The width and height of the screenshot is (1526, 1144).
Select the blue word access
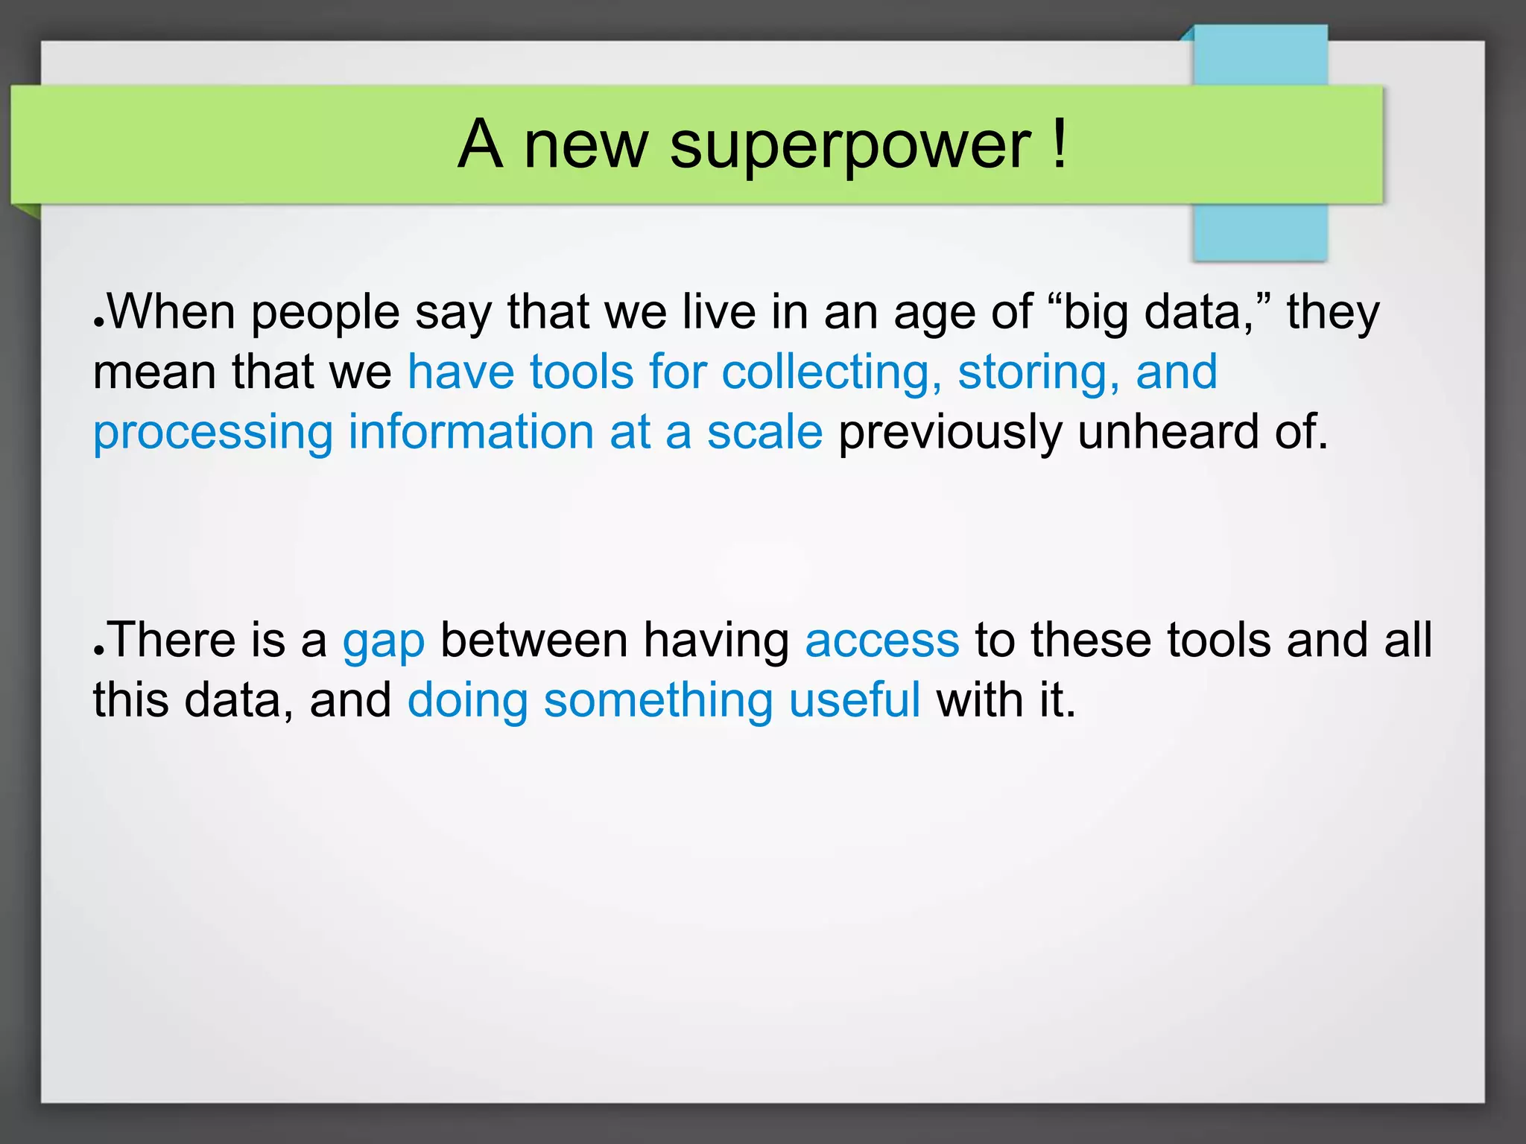[881, 641]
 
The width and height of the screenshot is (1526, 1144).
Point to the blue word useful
[854, 700]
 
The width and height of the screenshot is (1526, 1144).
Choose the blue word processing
[212, 433]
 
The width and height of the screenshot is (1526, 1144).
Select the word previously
[949, 433]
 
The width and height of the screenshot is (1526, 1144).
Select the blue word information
[470, 432]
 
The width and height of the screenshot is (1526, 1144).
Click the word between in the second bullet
[534, 640]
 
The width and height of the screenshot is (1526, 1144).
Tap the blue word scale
[764, 432]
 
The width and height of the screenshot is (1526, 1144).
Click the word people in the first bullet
[325, 313]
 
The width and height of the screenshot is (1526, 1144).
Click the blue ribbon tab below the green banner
[1260, 232]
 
